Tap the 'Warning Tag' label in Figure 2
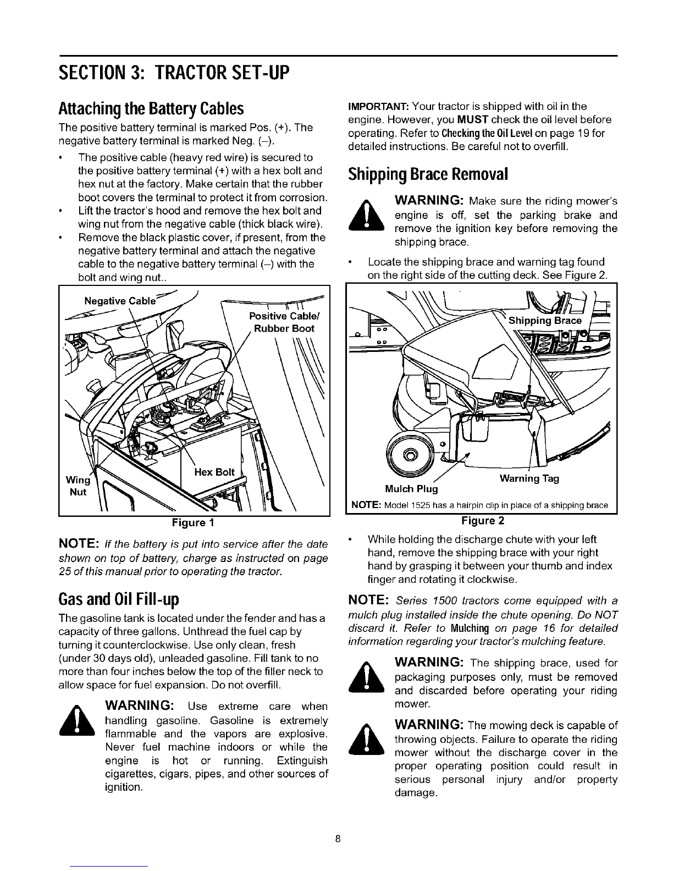pyautogui.click(x=529, y=478)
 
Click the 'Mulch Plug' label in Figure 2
pyautogui.click(x=411, y=489)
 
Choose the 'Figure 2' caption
pyautogui.click(x=482, y=520)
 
